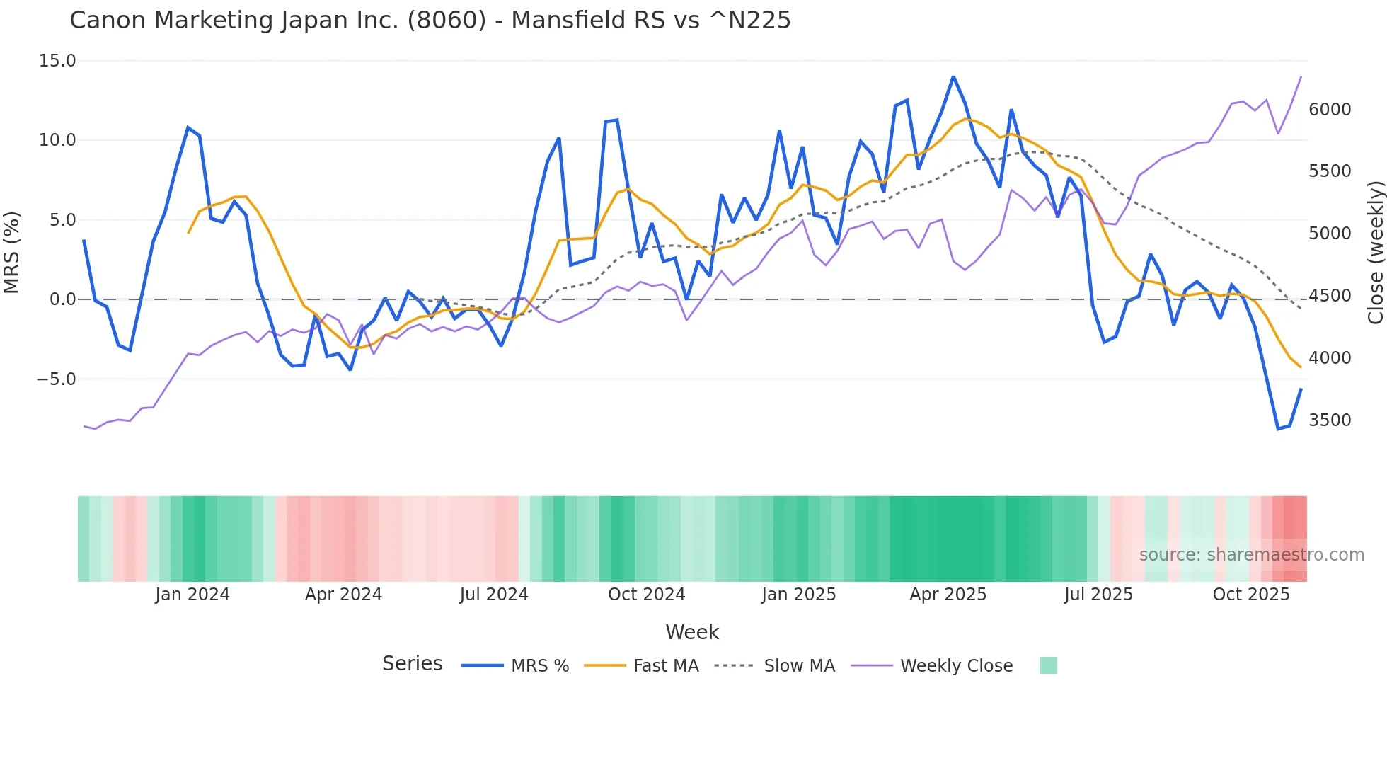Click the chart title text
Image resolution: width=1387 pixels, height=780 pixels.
coord(430,21)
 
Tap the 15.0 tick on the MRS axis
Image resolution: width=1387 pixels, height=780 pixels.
coord(57,61)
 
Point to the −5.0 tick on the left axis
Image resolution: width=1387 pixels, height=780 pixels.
coord(56,379)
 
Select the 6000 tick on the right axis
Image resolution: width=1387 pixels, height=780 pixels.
coord(1330,110)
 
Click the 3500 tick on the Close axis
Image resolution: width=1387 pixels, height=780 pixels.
coord(1330,420)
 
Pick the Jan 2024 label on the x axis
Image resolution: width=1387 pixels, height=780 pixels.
coord(192,595)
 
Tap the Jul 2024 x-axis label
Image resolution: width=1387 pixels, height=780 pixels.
coord(494,595)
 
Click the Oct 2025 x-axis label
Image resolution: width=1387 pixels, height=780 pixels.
coord(1251,595)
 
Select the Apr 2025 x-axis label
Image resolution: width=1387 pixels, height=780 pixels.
coord(948,595)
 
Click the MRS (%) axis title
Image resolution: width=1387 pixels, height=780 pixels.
coord(12,252)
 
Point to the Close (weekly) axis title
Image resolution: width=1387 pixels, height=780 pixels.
coord(1375,252)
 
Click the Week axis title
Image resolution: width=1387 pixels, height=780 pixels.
coord(692,632)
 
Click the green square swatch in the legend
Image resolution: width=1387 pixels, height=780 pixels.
coord(1048,665)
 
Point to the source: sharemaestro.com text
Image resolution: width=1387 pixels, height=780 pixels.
coord(1251,555)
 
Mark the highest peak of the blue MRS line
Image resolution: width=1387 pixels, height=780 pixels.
coord(953,76)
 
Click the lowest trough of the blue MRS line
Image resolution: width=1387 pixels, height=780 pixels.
coord(1278,429)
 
